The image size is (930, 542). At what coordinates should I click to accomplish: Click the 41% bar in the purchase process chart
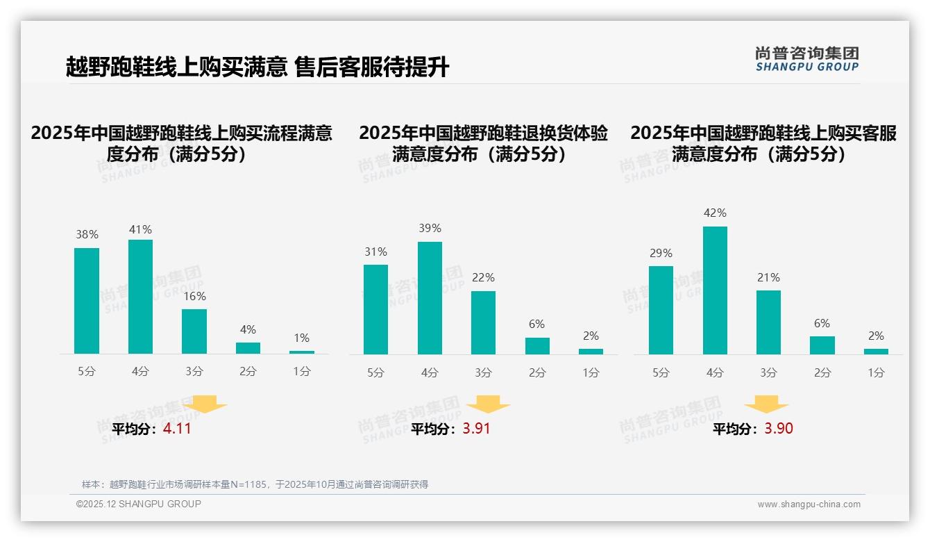(x=140, y=297)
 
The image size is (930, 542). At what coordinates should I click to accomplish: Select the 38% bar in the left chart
(x=87, y=301)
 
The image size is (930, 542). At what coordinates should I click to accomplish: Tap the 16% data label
(x=194, y=296)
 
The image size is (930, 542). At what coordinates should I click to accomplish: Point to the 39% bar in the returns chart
(x=430, y=298)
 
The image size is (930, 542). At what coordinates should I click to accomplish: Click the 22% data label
(x=483, y=277)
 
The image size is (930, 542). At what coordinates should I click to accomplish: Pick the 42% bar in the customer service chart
(x=715, y=290)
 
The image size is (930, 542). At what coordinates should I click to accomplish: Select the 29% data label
(x=661, y=253)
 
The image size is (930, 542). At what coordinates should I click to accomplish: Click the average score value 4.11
(x=177, y=429)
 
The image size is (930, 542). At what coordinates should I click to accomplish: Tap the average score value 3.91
(x=476, y=429)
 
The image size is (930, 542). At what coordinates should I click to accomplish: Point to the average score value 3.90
(x=779, y=429)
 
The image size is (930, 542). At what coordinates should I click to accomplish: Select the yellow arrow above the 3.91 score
(x=488, y=404)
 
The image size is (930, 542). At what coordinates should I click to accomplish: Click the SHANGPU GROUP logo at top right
(x=806, y=59)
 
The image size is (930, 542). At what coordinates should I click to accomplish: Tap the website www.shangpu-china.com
(x=809, y=504)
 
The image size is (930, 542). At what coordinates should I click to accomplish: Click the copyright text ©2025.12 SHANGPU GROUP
(x=139, y=504)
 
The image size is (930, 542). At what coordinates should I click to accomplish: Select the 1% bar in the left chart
(x=302, y=352)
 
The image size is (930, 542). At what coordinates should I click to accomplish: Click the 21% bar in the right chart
(x=768, y=322)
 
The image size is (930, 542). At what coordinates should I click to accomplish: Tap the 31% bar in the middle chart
(x=375, y=309)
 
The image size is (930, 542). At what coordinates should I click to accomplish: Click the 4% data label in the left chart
(x=248, y=329)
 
